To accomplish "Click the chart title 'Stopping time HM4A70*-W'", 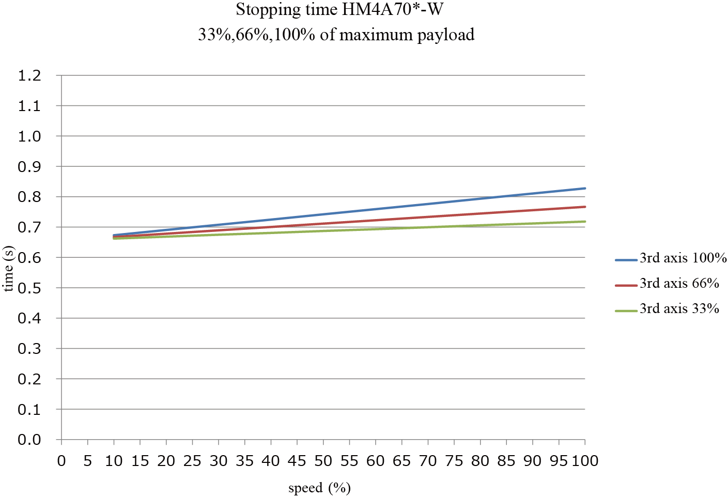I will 339,10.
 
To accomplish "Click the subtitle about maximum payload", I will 336,35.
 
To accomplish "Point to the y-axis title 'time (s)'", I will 8,269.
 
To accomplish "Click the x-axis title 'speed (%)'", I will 319,488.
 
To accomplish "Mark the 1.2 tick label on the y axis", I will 29,76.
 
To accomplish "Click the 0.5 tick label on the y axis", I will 29,288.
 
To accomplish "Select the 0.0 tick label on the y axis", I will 29,440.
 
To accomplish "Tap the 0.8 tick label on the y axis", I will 29,197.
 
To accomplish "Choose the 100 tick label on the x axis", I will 584,461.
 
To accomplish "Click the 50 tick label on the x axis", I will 323,461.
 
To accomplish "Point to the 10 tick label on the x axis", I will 114,461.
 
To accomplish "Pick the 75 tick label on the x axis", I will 454,461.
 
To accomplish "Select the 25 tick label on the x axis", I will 192,461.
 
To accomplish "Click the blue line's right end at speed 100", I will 584,188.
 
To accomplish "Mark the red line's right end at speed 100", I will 584,207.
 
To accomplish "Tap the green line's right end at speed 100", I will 584,222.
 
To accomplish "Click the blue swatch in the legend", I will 626,260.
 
